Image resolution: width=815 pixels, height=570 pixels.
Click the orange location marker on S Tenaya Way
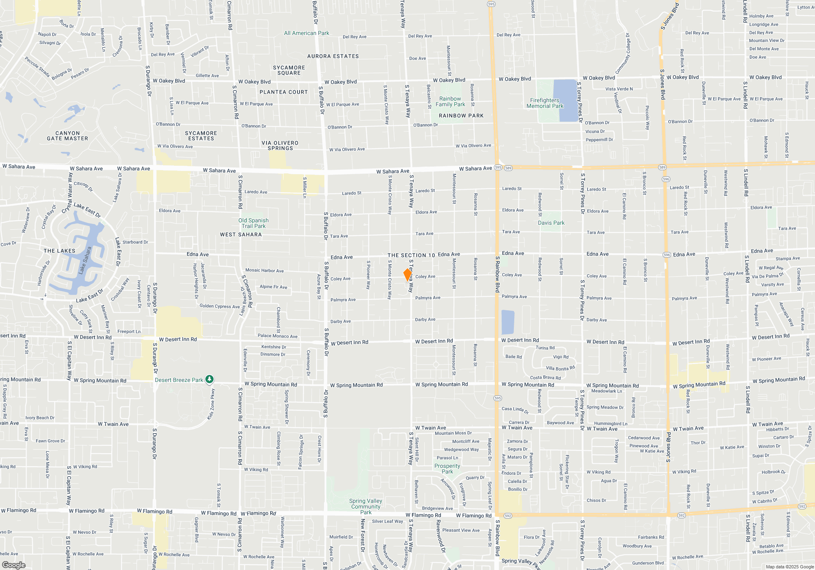(x=407, y=274)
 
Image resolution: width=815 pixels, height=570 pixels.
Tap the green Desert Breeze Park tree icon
(x=209, y=379)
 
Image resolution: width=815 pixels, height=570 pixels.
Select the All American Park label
(x=306, y=33)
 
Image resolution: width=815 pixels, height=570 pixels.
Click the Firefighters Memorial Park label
(x=545, y=103)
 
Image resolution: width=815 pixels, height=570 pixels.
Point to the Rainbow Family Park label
(x=450, y=101)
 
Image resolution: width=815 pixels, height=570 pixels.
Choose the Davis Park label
(x=551, y=223)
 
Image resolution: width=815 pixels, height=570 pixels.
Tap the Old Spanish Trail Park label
(x=253, y=223)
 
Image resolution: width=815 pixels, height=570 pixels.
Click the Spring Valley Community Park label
(x=366, y=506)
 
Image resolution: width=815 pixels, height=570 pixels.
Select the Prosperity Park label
(x=447, y=469)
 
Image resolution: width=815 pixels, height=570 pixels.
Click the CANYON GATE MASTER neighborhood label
(x=68, y=136)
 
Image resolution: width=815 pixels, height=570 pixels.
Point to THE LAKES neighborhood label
(x=59, y=251)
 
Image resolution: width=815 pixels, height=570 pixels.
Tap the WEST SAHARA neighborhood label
(x=241, y=235)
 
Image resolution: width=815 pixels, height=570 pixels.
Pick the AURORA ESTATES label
(x=333, y=56)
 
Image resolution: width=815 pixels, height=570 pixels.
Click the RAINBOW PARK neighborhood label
(x=461, y=116)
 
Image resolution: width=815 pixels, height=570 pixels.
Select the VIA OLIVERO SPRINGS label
(x=280, y=145)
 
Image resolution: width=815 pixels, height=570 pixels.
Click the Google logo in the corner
(x=13, y=565)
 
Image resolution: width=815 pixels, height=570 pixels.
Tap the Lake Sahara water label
(x=85, y=261)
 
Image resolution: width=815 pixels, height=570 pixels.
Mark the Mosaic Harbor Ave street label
(x=264, y=270)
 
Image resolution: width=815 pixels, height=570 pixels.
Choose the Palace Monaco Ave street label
(x=278, y=336)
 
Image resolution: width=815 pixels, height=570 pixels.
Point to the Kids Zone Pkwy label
(x=211, y=404)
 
